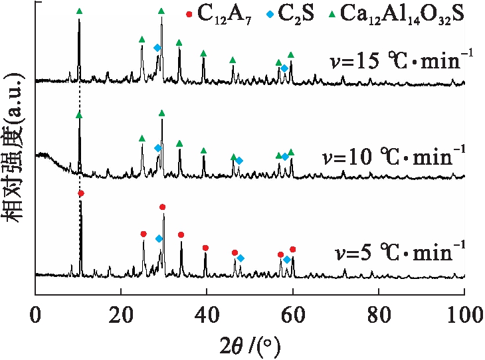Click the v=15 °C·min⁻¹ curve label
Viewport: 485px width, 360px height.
pos(401,64)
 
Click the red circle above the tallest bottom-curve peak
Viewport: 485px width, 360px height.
pos(81,193)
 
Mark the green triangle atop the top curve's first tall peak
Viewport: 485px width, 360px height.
pos(80,11)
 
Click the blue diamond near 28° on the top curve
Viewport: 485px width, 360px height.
pos(157,48)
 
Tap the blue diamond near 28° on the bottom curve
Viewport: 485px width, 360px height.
pos(159,238)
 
